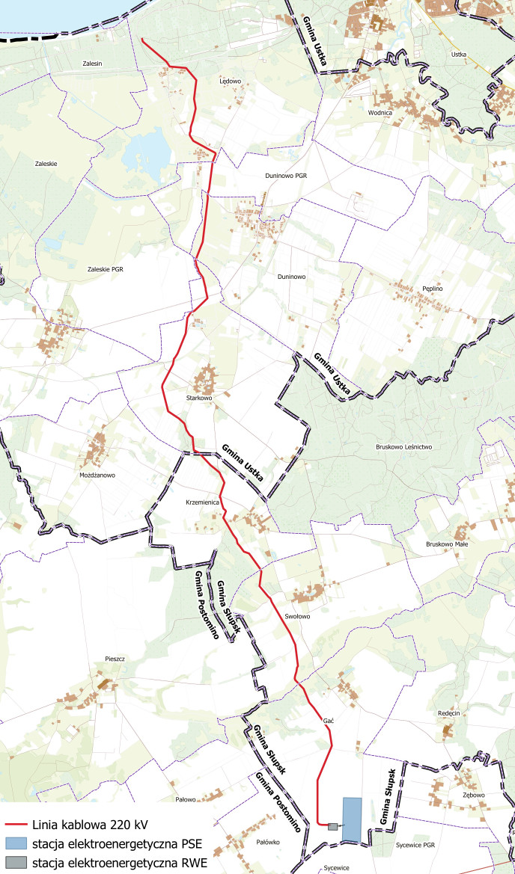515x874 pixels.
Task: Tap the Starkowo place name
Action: coord(200,398)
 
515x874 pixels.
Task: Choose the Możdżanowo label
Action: coord(97,475)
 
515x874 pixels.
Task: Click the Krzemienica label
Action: coord(201,502)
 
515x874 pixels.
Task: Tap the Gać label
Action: coord(328,720)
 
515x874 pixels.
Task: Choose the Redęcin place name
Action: coord(448,714)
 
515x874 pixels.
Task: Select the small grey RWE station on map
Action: coord(332,825)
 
